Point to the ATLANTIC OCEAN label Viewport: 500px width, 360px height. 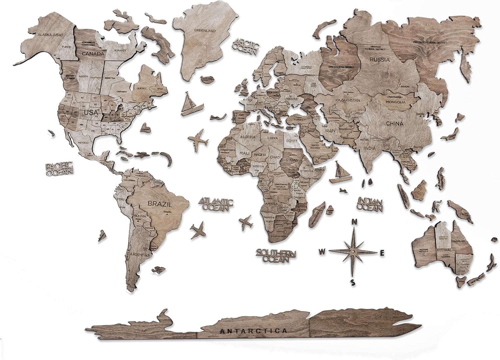pos(216,204)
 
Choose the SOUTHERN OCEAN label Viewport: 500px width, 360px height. pos(276,256)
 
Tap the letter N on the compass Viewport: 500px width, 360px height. pos(355,221)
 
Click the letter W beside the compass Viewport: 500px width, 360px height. pos(322,252)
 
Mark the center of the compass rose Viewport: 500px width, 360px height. pos(353,251)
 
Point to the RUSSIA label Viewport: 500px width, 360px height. pos(379,60)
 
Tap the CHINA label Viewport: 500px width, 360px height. pos(395,124)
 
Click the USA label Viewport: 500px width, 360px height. pos(91,112)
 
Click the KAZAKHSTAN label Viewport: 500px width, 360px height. pos(349,100)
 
